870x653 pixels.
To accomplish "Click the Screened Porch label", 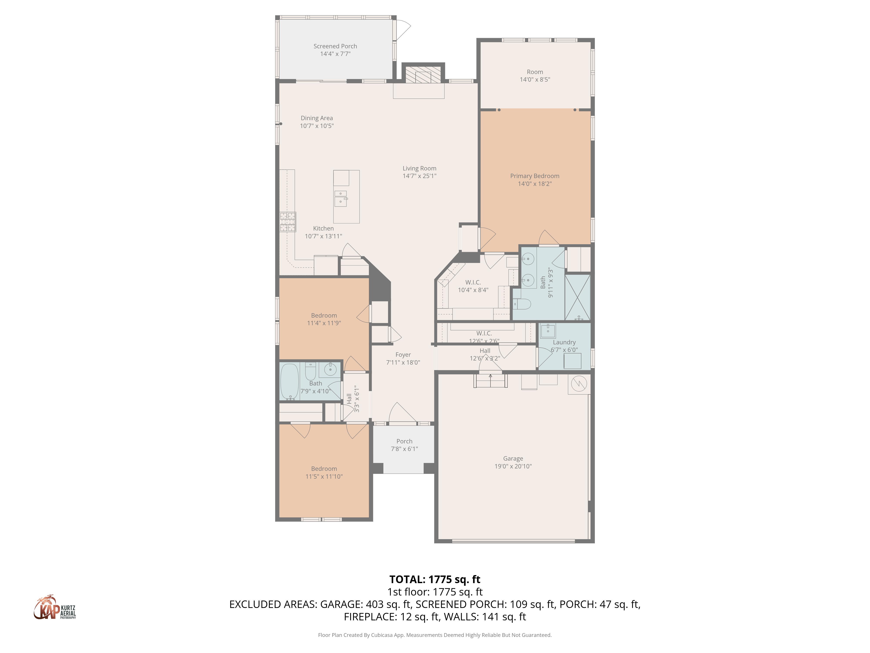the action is click(x=335, y=46).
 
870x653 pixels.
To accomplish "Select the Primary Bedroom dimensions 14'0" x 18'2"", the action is click(x=535, y=184).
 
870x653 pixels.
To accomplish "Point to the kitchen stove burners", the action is click(x=288, y=222).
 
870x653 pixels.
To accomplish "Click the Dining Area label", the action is click(x=317, y=118).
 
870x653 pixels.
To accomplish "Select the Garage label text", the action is click(x=513, y=459).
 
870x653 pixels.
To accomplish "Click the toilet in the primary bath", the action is click(x=522, y=304).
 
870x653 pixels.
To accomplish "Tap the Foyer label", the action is click(x=403, y=355).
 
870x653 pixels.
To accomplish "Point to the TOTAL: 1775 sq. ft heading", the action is click(x=435, y=579).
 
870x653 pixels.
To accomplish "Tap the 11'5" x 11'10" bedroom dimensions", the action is click(x=324, y=476).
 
